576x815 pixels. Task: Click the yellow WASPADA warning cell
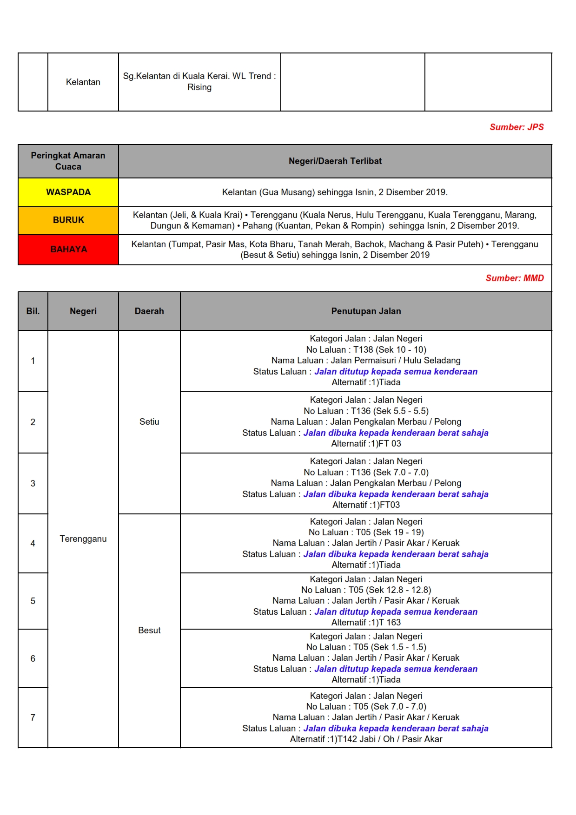click(68, 192)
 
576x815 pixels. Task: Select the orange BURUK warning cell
click(68, 220)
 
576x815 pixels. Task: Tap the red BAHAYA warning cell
click(68, 250)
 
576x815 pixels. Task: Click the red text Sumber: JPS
click(516, 127)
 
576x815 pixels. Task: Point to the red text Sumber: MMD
click(515, 278)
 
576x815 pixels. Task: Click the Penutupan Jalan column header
click(366, 311)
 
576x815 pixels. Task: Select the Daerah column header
click(149, 311)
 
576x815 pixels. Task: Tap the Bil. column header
click(33, 311)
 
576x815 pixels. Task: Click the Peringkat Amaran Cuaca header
click(68, 161)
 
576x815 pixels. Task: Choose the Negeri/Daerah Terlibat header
click(335, 161)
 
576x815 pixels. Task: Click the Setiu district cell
click(149, 421)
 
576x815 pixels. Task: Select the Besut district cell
click(149, 630)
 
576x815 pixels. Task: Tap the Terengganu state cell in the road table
click(83, 539)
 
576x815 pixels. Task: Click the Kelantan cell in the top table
click(83, 82)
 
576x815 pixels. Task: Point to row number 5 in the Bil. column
click(33, 601)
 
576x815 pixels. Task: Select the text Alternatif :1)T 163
click(366, 622)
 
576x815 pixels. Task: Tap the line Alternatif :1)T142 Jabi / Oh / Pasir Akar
click(366, 739)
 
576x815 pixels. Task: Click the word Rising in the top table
click(199, 87)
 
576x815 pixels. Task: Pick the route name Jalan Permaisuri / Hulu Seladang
click(395, 360)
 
